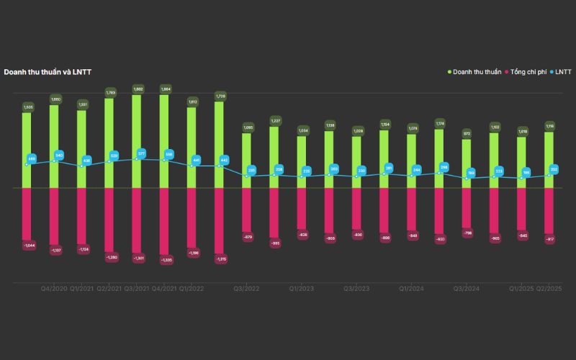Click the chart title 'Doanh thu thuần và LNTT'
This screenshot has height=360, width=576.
point(48,72)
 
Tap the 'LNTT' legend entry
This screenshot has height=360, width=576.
point(562,72)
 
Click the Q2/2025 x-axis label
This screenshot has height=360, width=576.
point(549,289)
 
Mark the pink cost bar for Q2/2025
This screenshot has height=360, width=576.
point(549,212)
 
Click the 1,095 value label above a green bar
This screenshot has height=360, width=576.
point(247,127)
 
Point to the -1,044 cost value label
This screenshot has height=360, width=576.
point(27,246)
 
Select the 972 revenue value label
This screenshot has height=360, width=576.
point(467,134)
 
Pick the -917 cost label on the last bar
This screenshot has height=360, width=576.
point(549,239)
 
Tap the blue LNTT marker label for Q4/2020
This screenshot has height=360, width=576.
point(59,155)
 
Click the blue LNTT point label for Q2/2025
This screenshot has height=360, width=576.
point(554,169)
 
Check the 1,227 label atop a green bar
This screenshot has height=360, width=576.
point(275,120)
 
